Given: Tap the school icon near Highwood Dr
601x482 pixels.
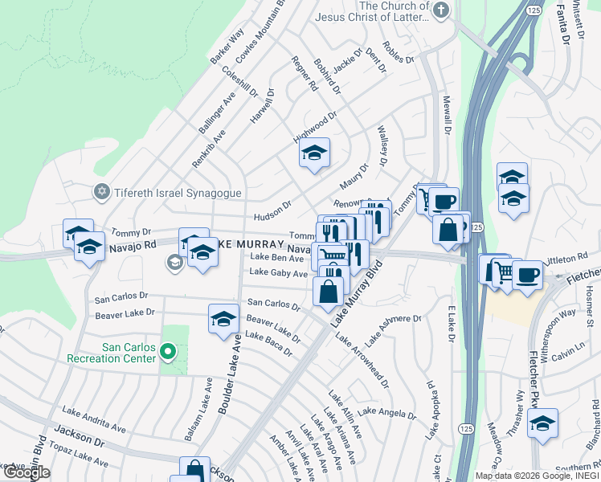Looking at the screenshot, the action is [314, 152].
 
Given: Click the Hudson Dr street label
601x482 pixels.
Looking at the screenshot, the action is [272, 210].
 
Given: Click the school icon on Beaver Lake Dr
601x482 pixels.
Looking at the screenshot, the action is [223, 319].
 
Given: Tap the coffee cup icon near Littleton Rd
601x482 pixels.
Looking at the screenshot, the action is [527, 276].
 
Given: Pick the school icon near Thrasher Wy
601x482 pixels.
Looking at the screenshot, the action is [543, 423].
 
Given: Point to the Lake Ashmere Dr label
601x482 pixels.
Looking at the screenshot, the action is [394, 328].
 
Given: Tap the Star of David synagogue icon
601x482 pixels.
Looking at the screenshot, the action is [101, 191].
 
